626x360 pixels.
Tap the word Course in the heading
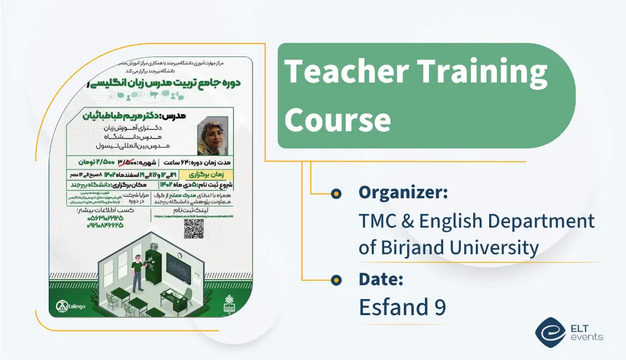(338, 119)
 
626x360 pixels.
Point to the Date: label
(381, 279)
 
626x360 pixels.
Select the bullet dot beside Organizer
(335, 193)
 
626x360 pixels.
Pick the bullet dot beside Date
(335, 280)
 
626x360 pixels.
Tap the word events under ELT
(588, 337)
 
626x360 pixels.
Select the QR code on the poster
(193, 228)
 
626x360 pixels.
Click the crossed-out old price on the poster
(127, 163)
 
